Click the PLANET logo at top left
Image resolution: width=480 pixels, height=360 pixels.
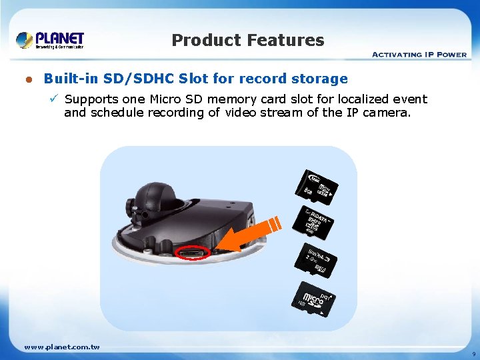(50, 40)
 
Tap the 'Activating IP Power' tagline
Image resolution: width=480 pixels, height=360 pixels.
(419, 55)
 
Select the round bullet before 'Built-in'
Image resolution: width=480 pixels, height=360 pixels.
(29, 79)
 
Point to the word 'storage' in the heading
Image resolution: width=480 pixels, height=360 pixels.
(319, 79)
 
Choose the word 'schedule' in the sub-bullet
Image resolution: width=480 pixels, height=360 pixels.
(115, 113)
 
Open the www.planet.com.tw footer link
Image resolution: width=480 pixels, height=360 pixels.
(62, 347)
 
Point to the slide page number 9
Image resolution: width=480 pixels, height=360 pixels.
(473, 353)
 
